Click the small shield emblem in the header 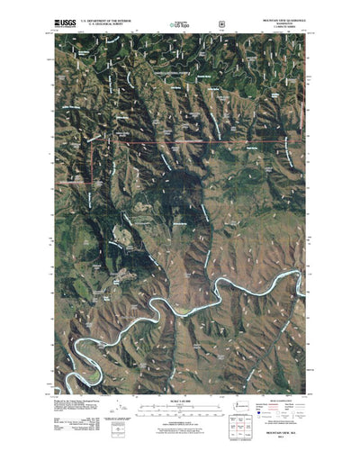point(222,17)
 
